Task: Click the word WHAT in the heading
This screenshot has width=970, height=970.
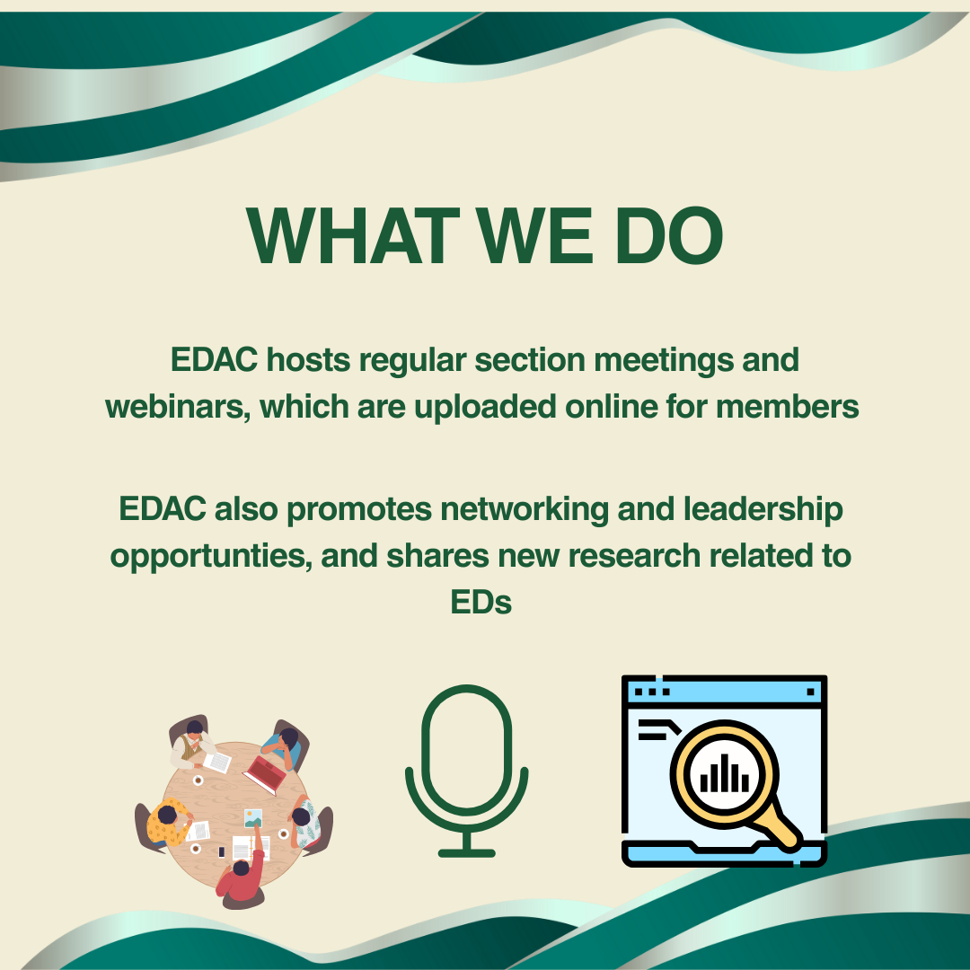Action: coord(353,235)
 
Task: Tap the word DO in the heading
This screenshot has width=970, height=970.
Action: coord(669,235)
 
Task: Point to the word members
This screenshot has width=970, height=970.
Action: coord(788,408)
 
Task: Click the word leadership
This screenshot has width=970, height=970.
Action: coord(763,510)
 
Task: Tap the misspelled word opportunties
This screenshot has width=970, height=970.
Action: coord(210,557)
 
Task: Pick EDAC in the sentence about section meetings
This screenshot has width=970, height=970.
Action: coord(214,359)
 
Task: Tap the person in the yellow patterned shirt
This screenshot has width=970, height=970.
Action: coord(168,821)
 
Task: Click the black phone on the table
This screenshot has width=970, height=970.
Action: coord(222,851)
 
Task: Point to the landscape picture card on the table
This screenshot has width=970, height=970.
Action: coord(253,818)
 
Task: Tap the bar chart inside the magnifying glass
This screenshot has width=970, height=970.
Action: coord(725,774)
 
